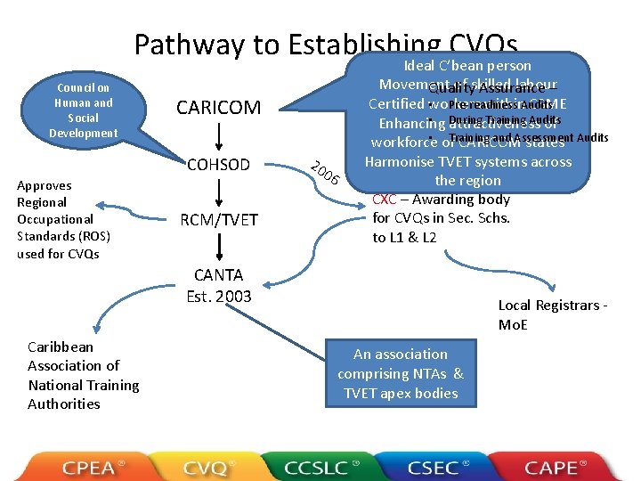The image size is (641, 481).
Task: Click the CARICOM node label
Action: click(219, 108)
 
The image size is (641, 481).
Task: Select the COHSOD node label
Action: click(219, 165)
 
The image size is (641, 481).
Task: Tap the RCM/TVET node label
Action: click(219, 220)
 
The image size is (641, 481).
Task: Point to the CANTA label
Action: click(219, 276)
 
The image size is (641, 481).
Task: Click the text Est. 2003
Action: click(219, 296)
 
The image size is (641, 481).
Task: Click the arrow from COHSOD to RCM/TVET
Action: click(219, 192)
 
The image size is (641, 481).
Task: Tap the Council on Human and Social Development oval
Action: click(84, 110)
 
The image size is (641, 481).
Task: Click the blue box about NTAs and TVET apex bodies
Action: click(400, 373)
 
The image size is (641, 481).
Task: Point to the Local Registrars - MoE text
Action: click(553, 315)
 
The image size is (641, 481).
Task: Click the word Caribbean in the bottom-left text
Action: click(61, 346)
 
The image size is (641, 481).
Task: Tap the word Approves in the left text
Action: click(45, 185)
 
